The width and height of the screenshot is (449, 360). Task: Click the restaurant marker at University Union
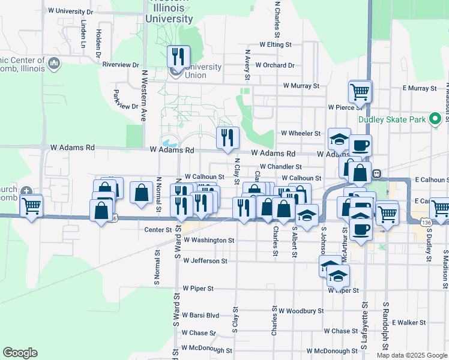178,57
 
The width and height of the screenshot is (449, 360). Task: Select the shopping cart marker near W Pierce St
360,92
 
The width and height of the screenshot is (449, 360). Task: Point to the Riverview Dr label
121,65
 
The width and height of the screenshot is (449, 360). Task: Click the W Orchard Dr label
274,65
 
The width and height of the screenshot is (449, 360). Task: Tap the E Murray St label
420,88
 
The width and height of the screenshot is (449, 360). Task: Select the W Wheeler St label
301,133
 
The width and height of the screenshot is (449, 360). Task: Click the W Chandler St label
280,167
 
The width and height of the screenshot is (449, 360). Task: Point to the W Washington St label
208,240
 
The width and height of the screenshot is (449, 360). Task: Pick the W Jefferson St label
205,261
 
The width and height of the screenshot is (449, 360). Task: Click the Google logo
20,353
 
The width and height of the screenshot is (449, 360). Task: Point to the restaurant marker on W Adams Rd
228,138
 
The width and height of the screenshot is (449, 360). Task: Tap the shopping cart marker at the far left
31,206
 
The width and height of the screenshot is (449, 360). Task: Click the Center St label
158,230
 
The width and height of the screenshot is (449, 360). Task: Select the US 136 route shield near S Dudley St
426,223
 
